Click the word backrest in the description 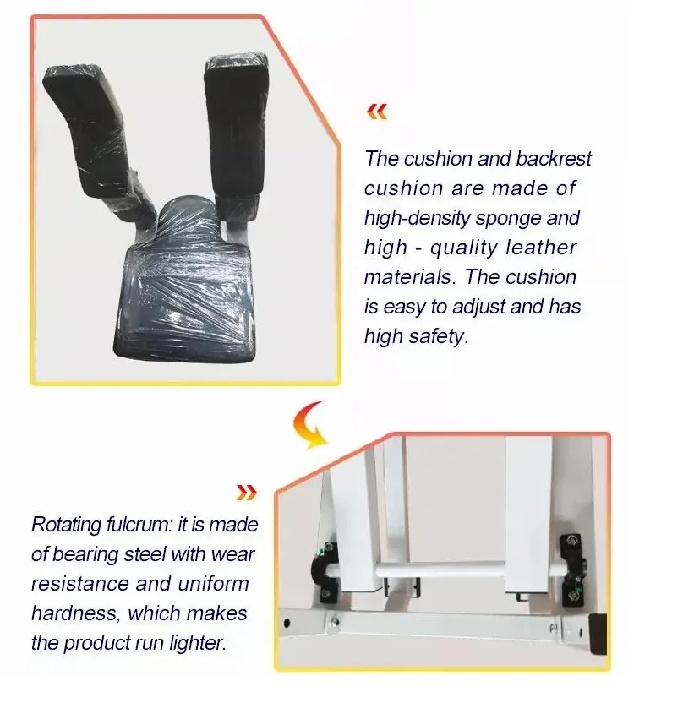(x=554, y=158)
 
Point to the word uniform (x=214, y=584)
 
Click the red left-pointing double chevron (x=376, y=112)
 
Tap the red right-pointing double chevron (x=246, y=493)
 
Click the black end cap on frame (x=597, y=634)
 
